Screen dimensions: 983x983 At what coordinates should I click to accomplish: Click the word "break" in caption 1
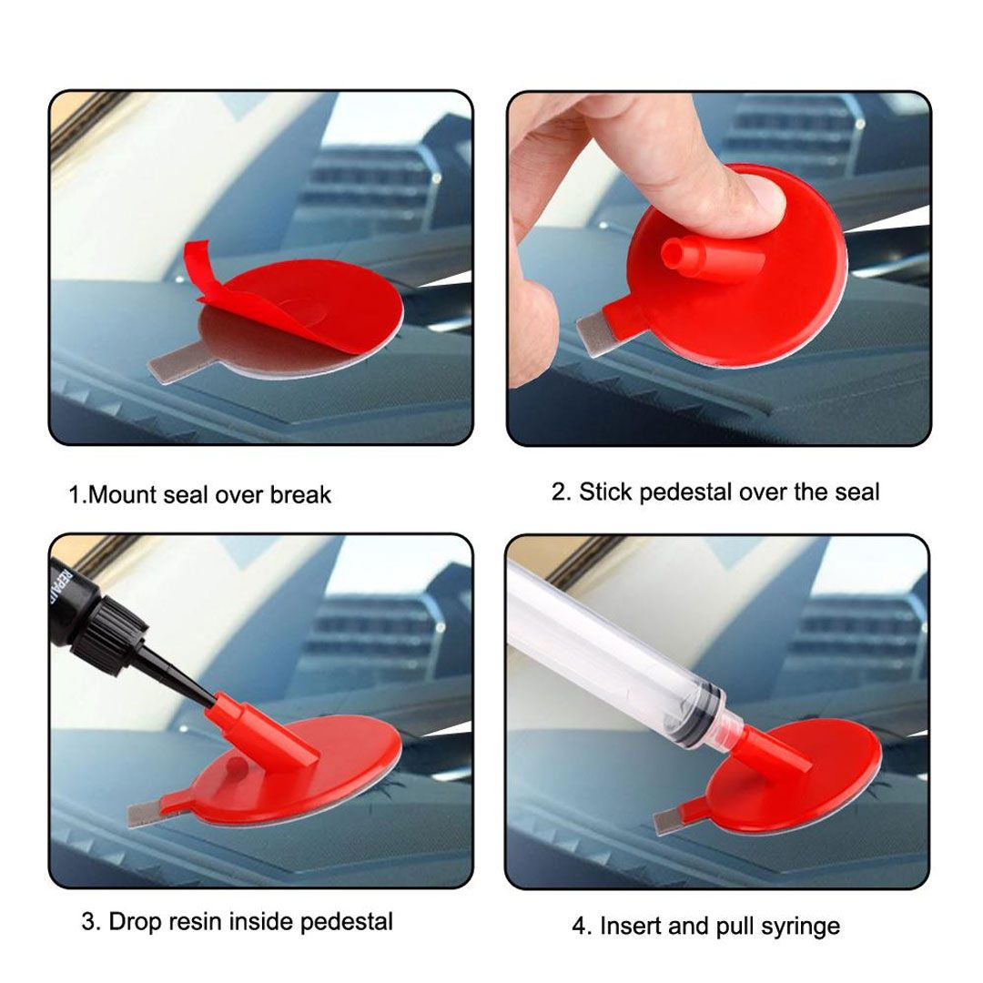pos(300,495)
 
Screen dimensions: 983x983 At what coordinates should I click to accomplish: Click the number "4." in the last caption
pos(582,927)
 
